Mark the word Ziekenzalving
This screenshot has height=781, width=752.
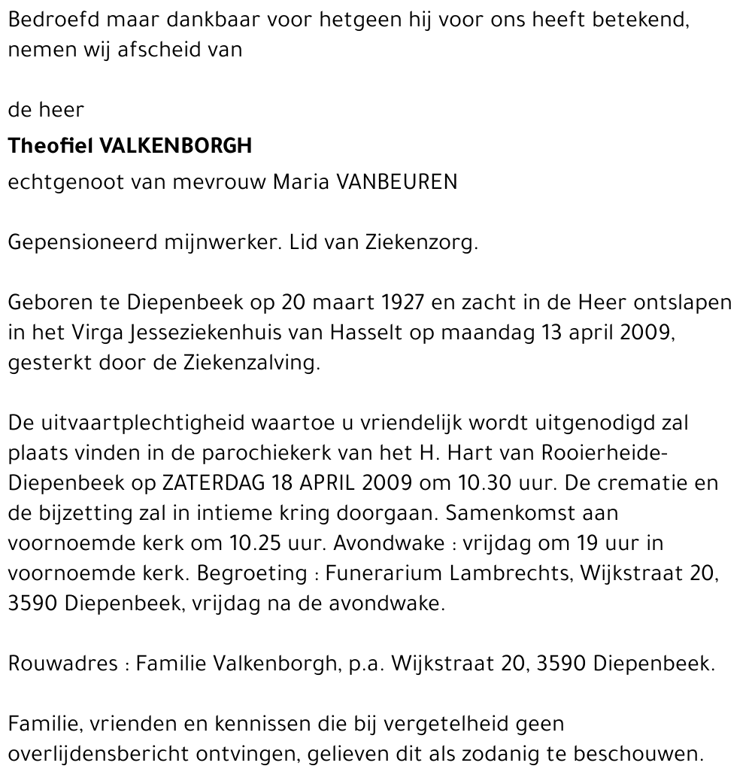tap(252, 363)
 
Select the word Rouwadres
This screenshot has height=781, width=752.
tap(63, 664)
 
